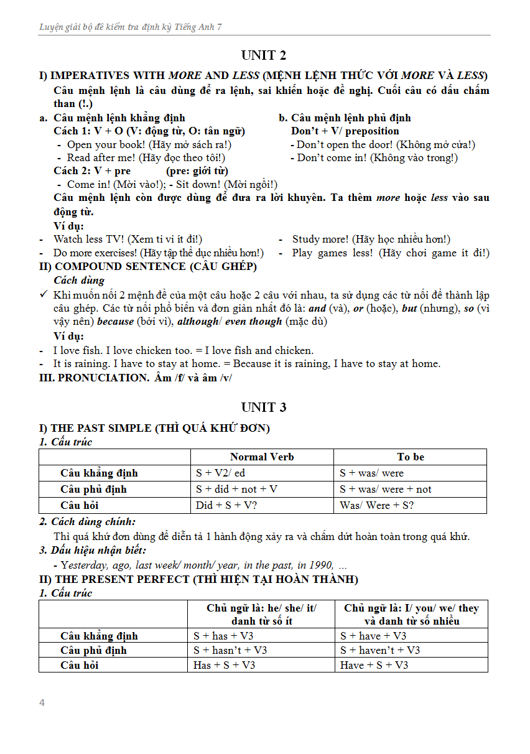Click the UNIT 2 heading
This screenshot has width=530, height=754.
[264, 55]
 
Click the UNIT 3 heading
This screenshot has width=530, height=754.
[264, 407]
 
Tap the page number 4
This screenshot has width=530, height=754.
[42, 703]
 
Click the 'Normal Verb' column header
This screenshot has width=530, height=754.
[262, 457]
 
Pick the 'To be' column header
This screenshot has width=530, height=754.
[410, 457]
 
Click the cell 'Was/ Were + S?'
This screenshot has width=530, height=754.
[376, 505]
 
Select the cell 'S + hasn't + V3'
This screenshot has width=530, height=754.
[230, 650]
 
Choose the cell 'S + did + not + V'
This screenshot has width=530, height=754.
[236, 489]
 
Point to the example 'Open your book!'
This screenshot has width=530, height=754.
[101, 144]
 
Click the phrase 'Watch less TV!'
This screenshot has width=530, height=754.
[87, 239]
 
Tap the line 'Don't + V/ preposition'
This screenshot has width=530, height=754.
[345, 131]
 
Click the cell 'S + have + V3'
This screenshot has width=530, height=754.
[373, 636]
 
